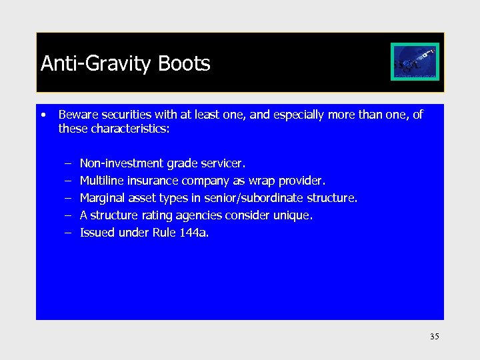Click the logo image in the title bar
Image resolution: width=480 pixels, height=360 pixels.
415,62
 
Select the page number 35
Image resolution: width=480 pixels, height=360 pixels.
434,337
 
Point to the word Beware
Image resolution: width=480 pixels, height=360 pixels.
77,115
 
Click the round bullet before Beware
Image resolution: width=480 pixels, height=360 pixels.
43,115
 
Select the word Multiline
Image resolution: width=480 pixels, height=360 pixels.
101,181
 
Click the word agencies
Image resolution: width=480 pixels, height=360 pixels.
205,215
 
